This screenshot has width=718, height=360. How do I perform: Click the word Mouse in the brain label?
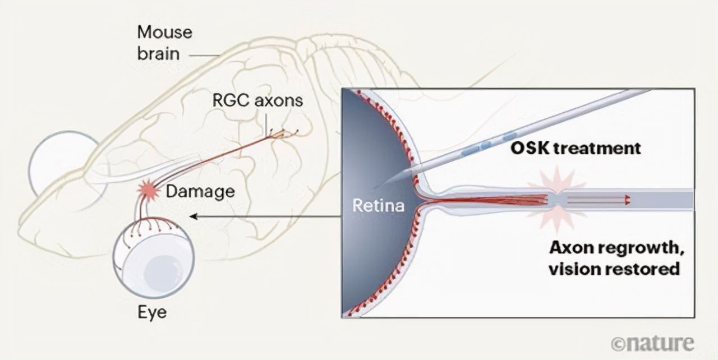pyautogui.click(x=165, y=32)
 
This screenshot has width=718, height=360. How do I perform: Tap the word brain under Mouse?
pyautogui.click(x=159, y=54)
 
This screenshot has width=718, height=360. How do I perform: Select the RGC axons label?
pyautogui.click(x=257, y=101)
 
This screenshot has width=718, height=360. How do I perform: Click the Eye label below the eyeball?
pyautogui.click(x=152, y=312)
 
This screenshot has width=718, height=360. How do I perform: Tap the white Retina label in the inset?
pyautogui.click(x=378, y=205)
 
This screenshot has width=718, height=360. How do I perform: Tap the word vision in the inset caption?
pyautogui.click(x=569, y=269)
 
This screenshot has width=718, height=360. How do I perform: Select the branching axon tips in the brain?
pyautogui.click(x=284, y=133)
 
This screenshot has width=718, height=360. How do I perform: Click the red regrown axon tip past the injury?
pyautogui.click(x=628, y=199)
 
